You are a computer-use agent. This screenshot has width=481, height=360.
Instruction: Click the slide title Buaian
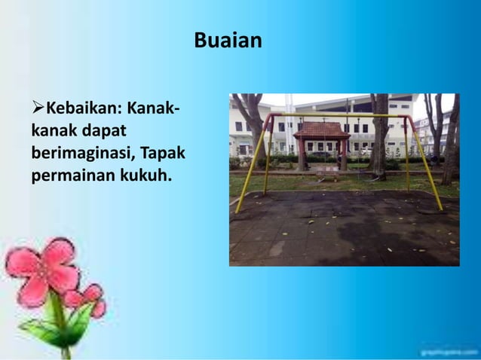point(228,40)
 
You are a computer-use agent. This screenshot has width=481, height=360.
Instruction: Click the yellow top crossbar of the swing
point(339,116)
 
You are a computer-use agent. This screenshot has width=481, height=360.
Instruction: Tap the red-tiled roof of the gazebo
point(321,130)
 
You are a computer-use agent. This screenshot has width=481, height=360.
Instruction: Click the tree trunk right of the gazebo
point(379,143)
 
